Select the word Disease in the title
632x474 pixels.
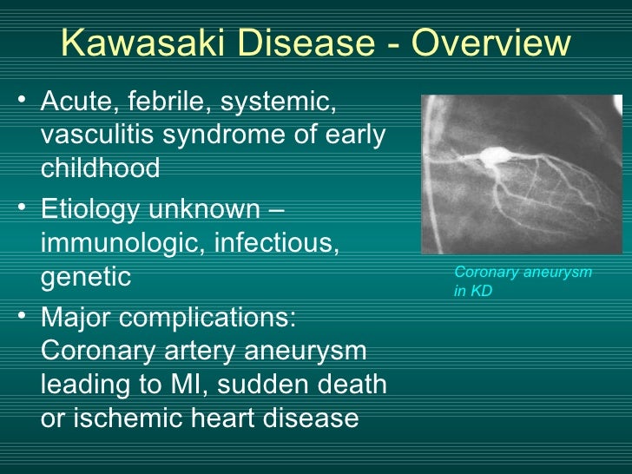coord(289,44)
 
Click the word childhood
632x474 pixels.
coord(100,168)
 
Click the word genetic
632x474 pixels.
coord(85,277)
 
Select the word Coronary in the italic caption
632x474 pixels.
coord(484,273)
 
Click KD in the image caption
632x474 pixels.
coord(482,292)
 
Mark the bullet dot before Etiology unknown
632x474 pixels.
coord(22,208)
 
